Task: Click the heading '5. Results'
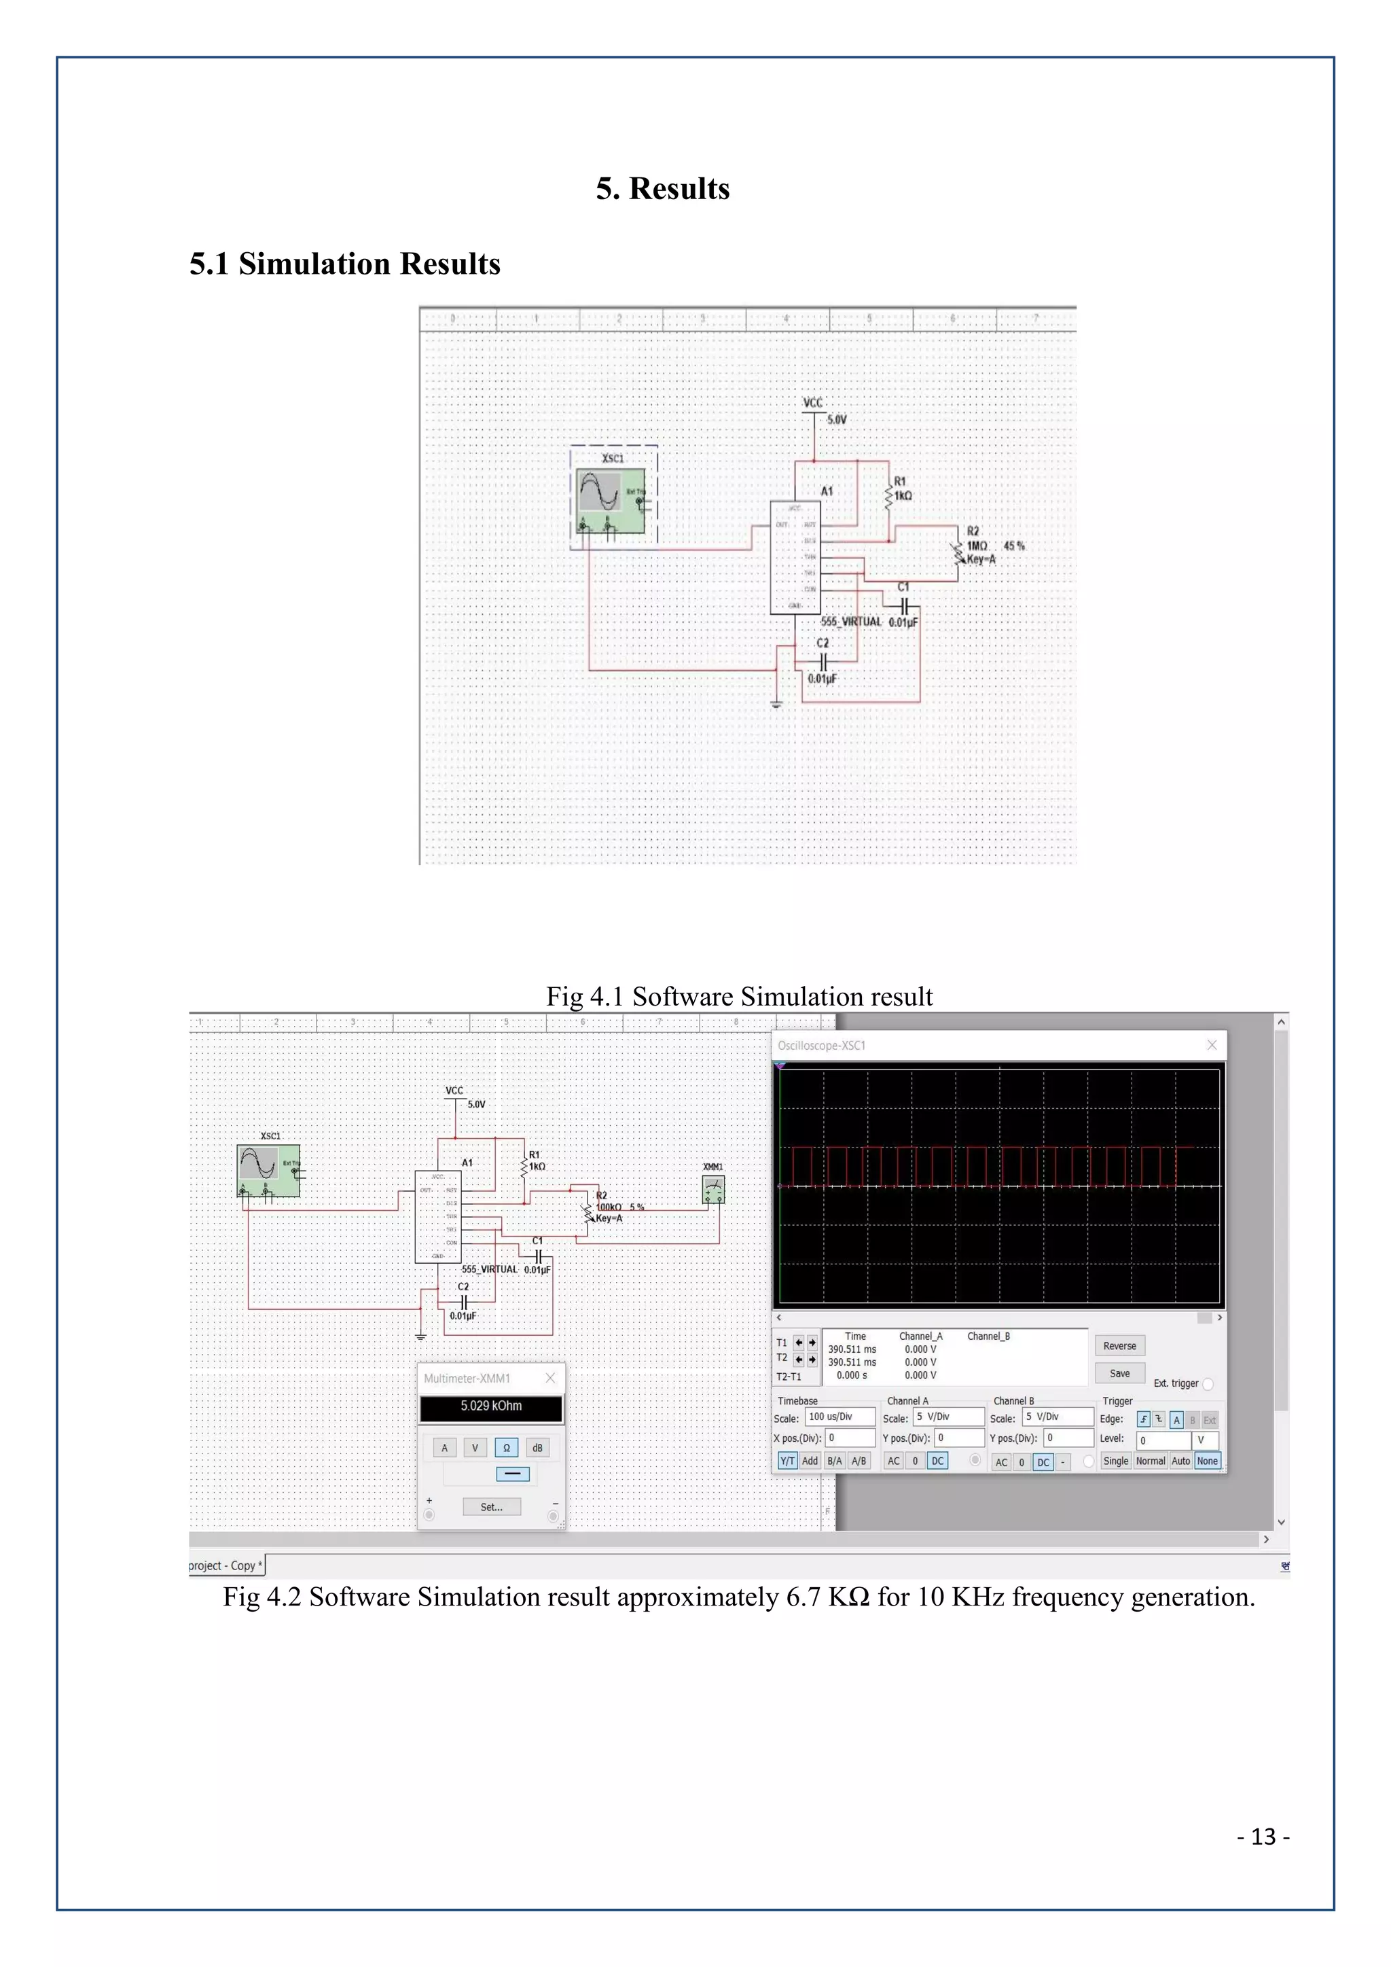click(662, 188)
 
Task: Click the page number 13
click(1263, 1837)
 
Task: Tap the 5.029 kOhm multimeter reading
click(491, 1406)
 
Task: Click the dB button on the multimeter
click(537, 1448)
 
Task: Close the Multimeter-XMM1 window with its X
click(550, 1378)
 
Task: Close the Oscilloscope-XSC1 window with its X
click(1211, 1045)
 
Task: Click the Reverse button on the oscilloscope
click(1119, 1346)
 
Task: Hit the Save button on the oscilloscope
click(1119, 1373)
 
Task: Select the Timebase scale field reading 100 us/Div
click(839, 1417)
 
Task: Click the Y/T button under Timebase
click(787, 1461)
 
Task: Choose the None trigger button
click(1207, 1461)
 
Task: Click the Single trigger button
click(1115, 1461)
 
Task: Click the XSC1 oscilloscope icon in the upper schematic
click(610, 500)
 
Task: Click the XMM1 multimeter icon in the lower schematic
click(712, 1189)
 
